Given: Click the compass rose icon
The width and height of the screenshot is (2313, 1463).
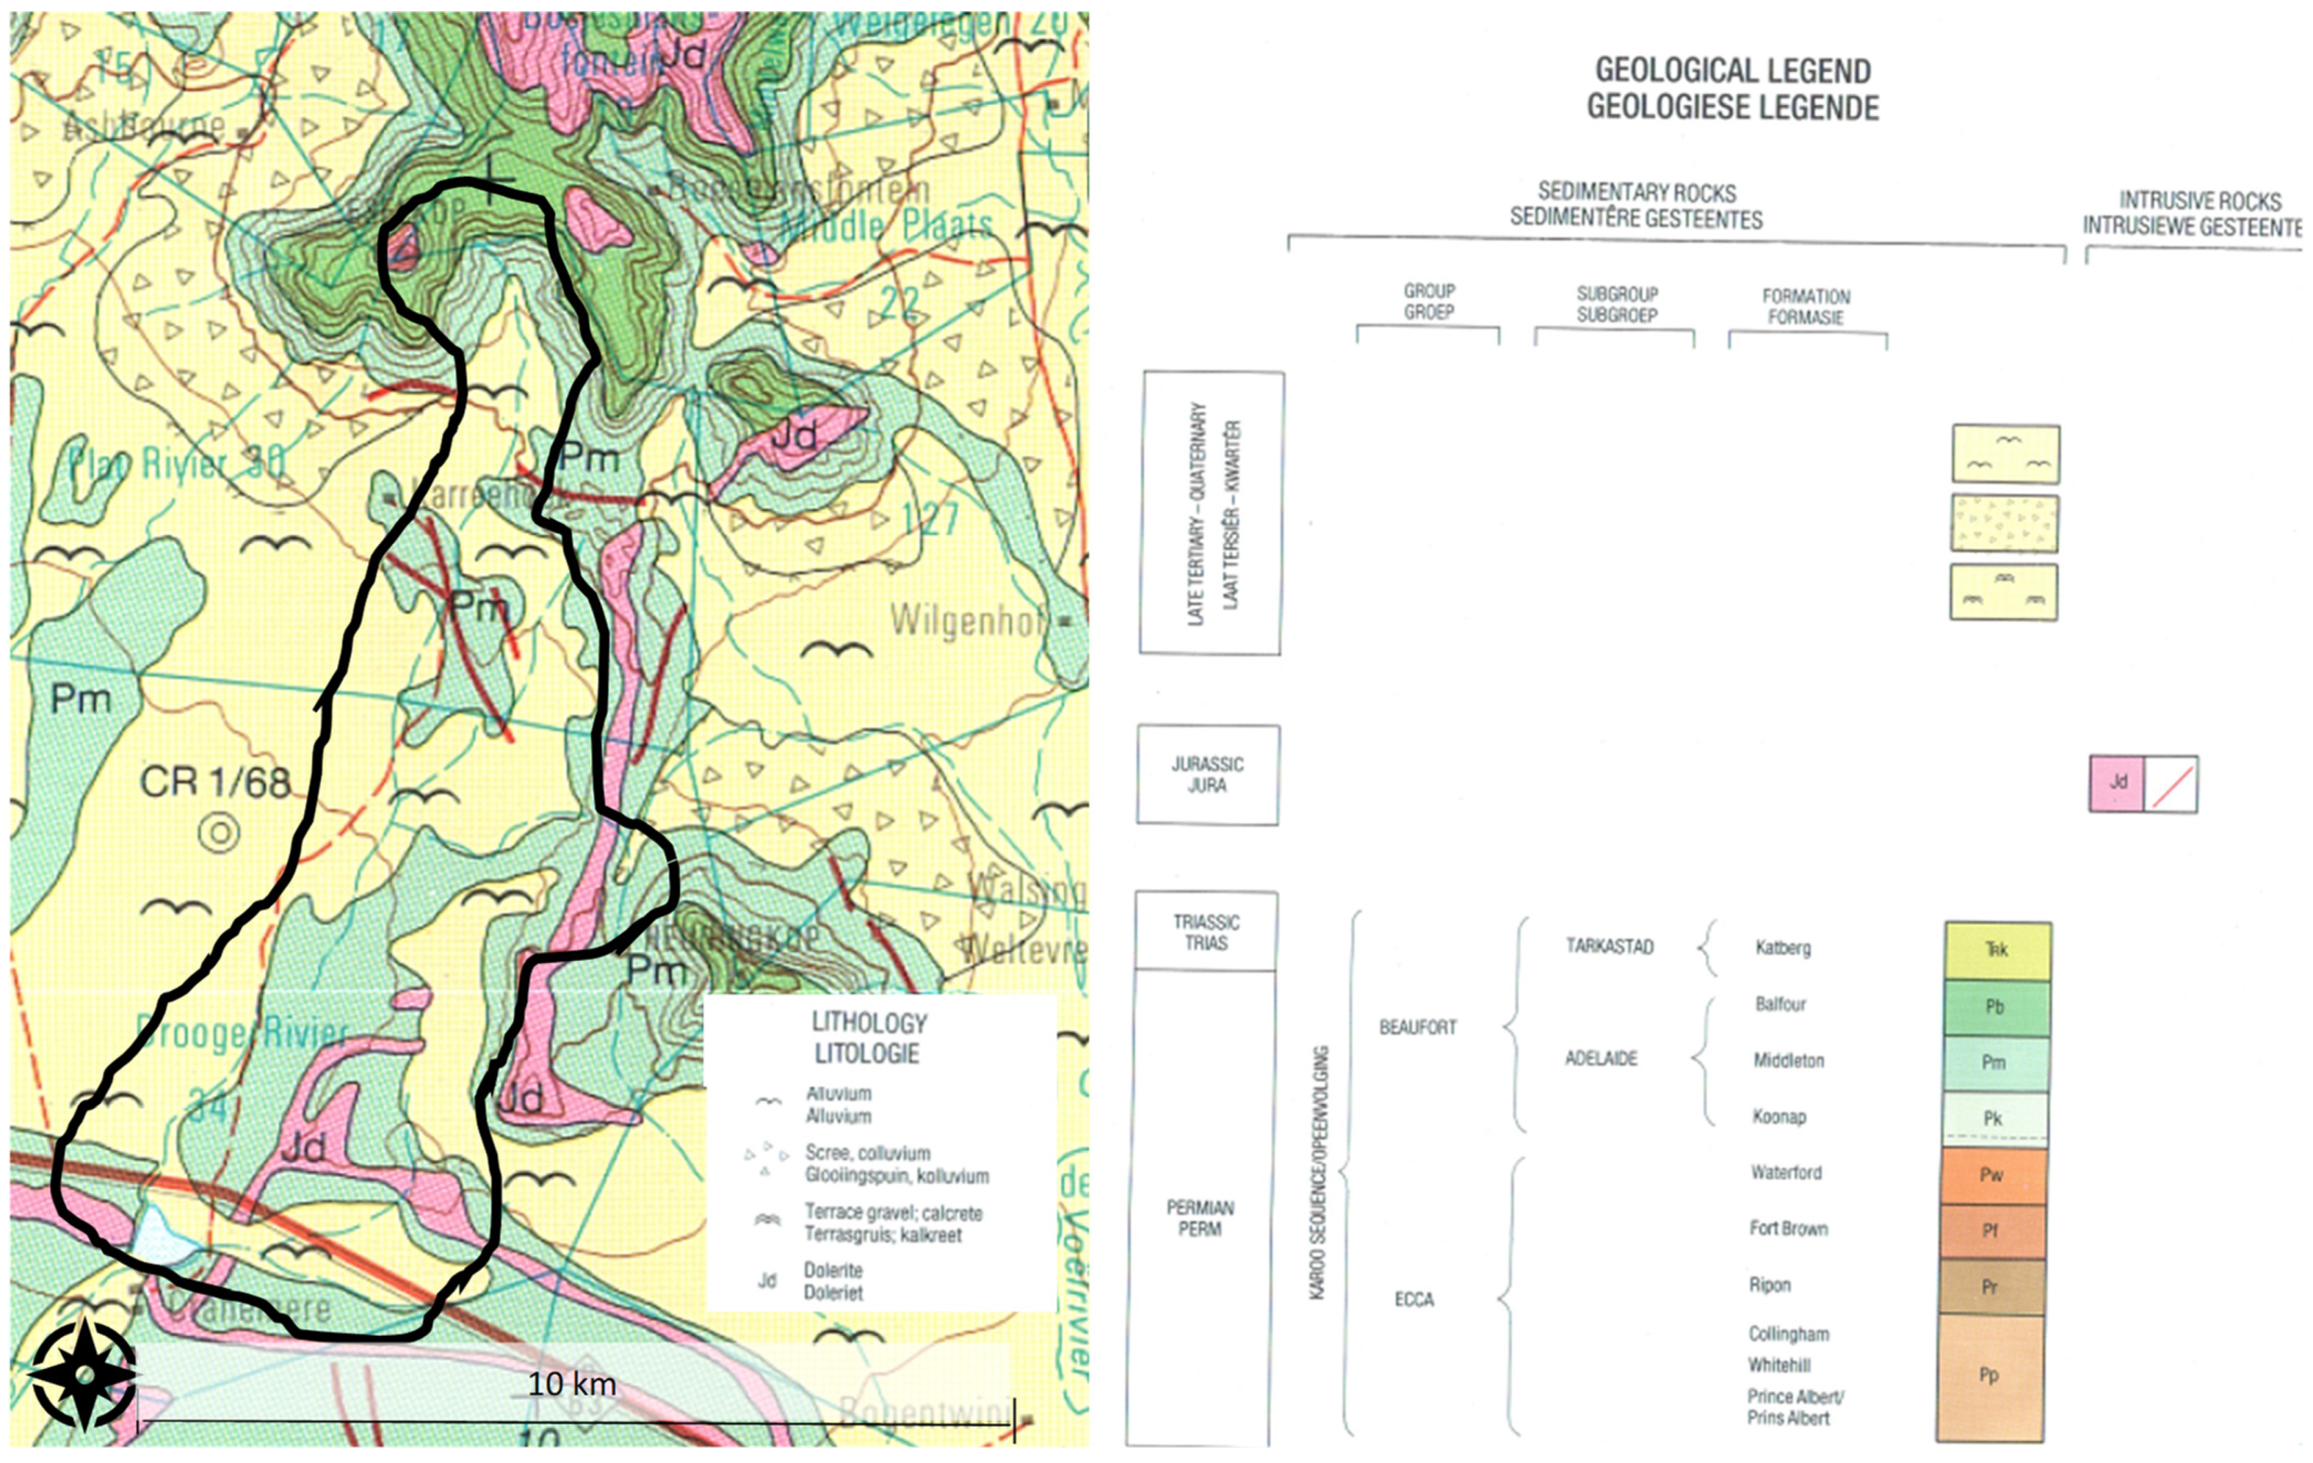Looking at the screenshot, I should [83, 1375].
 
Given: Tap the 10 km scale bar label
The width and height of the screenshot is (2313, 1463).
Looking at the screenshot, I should [572, 1384].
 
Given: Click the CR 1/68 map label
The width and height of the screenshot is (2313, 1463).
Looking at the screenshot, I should [215, 782].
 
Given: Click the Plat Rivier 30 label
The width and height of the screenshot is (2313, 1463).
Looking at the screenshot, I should [176, 464].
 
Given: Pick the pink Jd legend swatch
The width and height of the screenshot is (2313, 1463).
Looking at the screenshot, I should [2116, 783].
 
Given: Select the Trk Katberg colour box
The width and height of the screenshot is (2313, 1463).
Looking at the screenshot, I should [1997, 950].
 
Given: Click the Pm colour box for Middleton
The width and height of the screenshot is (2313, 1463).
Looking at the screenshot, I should [1995, 1063].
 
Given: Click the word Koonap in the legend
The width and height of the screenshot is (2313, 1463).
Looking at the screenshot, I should [1779, 1116].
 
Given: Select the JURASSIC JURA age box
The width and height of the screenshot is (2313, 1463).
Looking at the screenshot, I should [1208, 774].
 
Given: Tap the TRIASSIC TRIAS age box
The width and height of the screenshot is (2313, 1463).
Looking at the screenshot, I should [1206, 931].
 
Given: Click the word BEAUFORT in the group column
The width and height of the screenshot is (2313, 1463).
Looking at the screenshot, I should [1417, 1027].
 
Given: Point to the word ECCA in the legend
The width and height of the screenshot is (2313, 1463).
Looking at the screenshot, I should [1413, 1299].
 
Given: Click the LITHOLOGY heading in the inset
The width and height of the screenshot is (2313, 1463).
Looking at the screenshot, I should [869, 1038].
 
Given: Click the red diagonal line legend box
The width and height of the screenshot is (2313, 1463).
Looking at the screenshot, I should [2171, 784].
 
